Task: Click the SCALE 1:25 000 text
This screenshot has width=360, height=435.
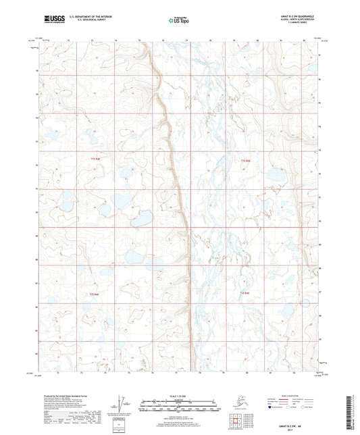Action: (x=179, y=396)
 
